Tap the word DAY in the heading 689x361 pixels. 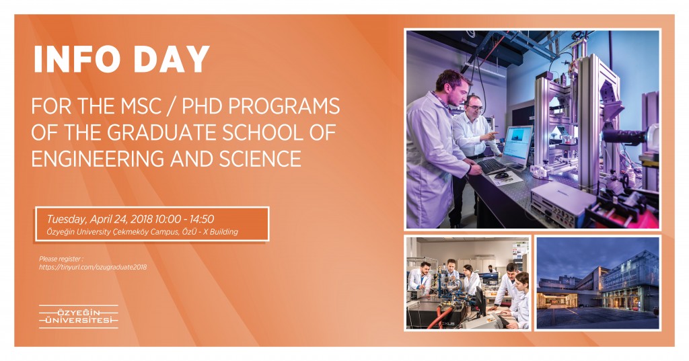(172, 59)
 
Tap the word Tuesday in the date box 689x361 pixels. (67, 220)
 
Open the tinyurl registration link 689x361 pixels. (93, 267)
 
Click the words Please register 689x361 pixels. (61, 259)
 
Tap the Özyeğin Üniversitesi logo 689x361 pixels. (79, 317)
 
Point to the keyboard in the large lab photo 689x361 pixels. (491, 166)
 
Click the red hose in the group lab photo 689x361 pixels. (441, 318)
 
